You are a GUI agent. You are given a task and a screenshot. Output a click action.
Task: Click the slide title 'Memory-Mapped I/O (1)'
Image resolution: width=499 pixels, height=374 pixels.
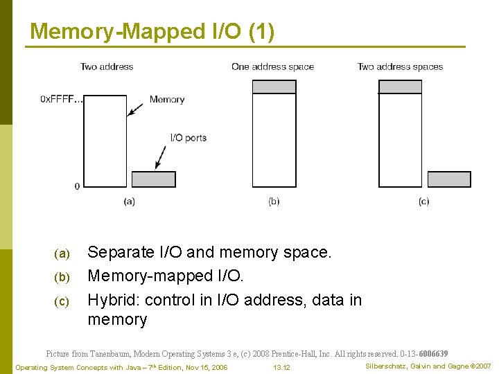point(152,32)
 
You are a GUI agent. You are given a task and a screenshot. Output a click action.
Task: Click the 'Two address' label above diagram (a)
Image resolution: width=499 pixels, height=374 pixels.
point(107,66)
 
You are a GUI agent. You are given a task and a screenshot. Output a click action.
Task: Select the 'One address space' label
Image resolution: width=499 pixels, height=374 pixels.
point(272,66)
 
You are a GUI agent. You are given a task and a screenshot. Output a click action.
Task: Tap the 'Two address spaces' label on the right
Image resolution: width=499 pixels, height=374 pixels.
point(400,66)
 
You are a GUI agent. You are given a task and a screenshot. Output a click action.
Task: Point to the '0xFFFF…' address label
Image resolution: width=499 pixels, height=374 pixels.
point(61,100)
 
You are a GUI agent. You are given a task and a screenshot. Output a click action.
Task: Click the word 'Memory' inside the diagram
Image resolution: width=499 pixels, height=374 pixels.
point(167,100)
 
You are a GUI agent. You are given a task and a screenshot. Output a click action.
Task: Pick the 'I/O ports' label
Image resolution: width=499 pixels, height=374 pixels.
point(188,138)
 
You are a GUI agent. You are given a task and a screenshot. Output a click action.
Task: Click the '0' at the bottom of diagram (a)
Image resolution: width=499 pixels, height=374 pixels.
point(77,186)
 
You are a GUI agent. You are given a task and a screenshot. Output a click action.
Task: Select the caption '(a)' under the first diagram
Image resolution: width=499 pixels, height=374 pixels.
point(129,201)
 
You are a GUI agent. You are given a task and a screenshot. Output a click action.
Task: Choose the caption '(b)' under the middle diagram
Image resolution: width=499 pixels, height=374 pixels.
point(274,201)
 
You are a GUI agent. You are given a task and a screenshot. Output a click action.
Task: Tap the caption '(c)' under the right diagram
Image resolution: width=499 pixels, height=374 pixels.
point(423,201)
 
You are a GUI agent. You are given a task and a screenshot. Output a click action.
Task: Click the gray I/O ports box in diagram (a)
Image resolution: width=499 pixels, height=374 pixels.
point(153,179)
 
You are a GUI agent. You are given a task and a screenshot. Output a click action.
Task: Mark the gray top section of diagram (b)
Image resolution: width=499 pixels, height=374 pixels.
point(274,87)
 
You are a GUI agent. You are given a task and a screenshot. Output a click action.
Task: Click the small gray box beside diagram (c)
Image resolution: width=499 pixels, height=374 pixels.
point(449,179)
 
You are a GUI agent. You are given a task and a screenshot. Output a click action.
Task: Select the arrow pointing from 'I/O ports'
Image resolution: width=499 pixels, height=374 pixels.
point(162,157)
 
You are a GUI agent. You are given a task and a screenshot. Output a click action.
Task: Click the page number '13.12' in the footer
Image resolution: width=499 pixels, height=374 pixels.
point(281,367)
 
